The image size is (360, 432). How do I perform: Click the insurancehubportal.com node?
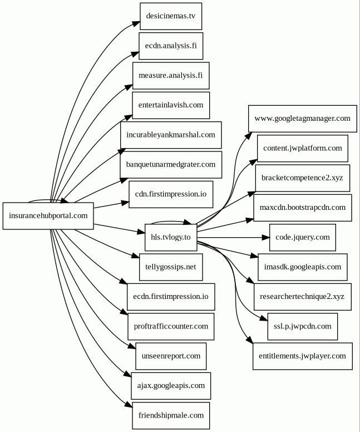coord(48,215)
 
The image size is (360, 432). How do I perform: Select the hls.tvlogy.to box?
coord(170,237)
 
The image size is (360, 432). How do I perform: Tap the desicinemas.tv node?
coord(171,16)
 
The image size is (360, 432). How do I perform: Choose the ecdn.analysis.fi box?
coord(171,46)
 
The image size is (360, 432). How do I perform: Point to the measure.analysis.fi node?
coord(171,75)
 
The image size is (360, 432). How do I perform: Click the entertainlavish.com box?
coord(171,105)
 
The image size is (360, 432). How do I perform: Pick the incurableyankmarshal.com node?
coord(171,135)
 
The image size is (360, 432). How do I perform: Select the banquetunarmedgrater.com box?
coord(171,164)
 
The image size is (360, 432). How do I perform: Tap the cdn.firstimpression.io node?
coord(171,194)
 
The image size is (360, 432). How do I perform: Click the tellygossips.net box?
coord(171,267)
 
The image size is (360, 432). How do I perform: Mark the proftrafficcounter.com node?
coord(171,326)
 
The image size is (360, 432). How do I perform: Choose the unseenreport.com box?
coord(171,356)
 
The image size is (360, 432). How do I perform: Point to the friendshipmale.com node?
coord(171,415)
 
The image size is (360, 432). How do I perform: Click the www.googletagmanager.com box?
coord(302,119)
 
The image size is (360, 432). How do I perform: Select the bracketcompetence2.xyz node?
coord(302,178)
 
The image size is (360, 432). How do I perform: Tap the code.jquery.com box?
coord(302,237)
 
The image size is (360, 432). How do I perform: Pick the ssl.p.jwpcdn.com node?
coord(302,326)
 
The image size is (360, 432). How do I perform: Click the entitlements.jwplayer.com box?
coord(302,356)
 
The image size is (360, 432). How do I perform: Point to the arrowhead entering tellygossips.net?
coord(135,256)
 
